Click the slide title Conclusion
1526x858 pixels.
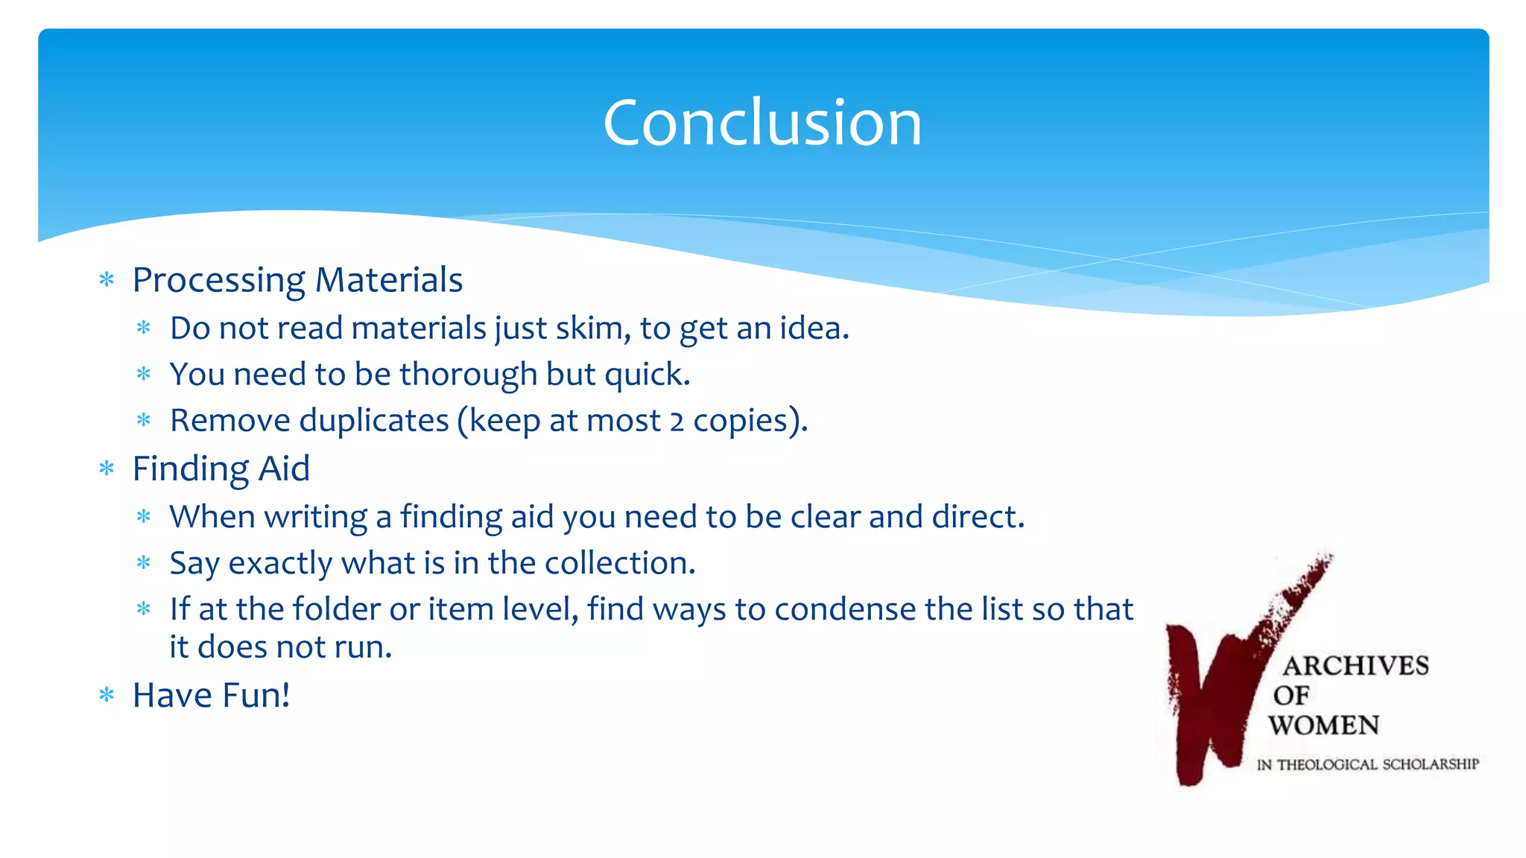coord(762,123)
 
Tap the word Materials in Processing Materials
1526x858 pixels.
coord(388,280)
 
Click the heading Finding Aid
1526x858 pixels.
coord(221,469)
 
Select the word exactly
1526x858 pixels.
coord(280,564)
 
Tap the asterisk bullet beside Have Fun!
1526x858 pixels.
coord(107,696)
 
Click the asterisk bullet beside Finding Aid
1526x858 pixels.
coord(107,468)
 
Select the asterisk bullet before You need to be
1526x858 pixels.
coord(144,374)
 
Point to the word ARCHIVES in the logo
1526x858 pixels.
coord(1355,666)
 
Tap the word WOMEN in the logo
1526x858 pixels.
coord(1324,725)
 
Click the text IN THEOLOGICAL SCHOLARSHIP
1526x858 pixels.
coord(1367,764)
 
